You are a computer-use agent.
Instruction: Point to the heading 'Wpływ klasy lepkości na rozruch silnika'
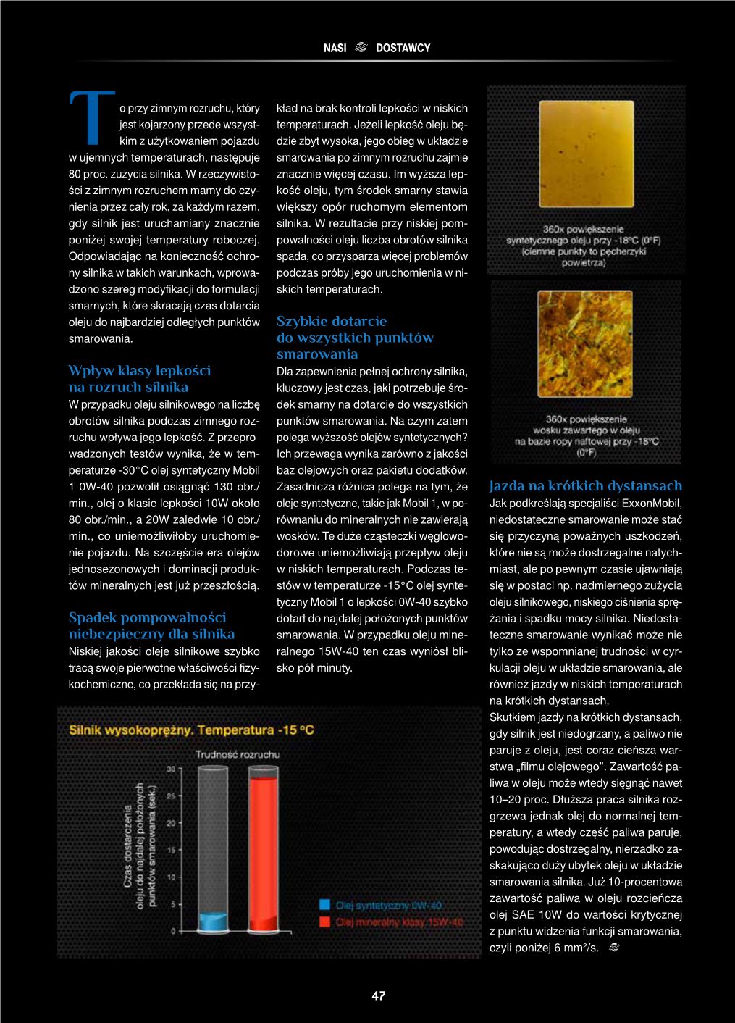pos(139,379)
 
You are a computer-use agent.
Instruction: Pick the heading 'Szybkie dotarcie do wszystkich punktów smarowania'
pos(355,338)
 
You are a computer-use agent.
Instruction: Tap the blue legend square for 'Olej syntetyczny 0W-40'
pos(325,905)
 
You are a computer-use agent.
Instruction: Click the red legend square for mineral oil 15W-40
pos(325,922)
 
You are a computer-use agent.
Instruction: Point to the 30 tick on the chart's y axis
pos(172,769)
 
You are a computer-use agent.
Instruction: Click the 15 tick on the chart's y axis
pos(172,850)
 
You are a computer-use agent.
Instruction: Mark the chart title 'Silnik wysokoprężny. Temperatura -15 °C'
pos(192,730)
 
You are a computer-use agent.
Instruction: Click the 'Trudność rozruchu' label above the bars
pos(238,754)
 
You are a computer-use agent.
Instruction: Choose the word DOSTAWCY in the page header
pos(403,49)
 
